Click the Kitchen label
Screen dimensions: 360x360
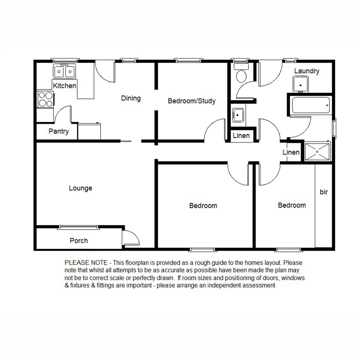tap(65, 86)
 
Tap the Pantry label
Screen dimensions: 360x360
tap(59, 131)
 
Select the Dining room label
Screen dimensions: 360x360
tap(131, 98)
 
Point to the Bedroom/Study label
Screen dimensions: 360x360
tap(192, 101)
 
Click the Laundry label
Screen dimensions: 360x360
tap(307, 71)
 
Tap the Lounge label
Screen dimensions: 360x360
tap(80, 188)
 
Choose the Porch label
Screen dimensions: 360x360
tap(79, 241)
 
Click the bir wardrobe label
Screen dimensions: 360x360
tap(324, 192)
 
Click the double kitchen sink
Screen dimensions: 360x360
tap(64, 71)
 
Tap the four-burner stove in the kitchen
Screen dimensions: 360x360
tap(45, 99)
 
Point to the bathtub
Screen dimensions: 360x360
tap(310, 105)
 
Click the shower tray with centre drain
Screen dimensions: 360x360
tap(317, 152)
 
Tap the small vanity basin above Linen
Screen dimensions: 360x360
tap(238, 115)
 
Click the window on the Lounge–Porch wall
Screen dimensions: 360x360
tap(79, 228)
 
